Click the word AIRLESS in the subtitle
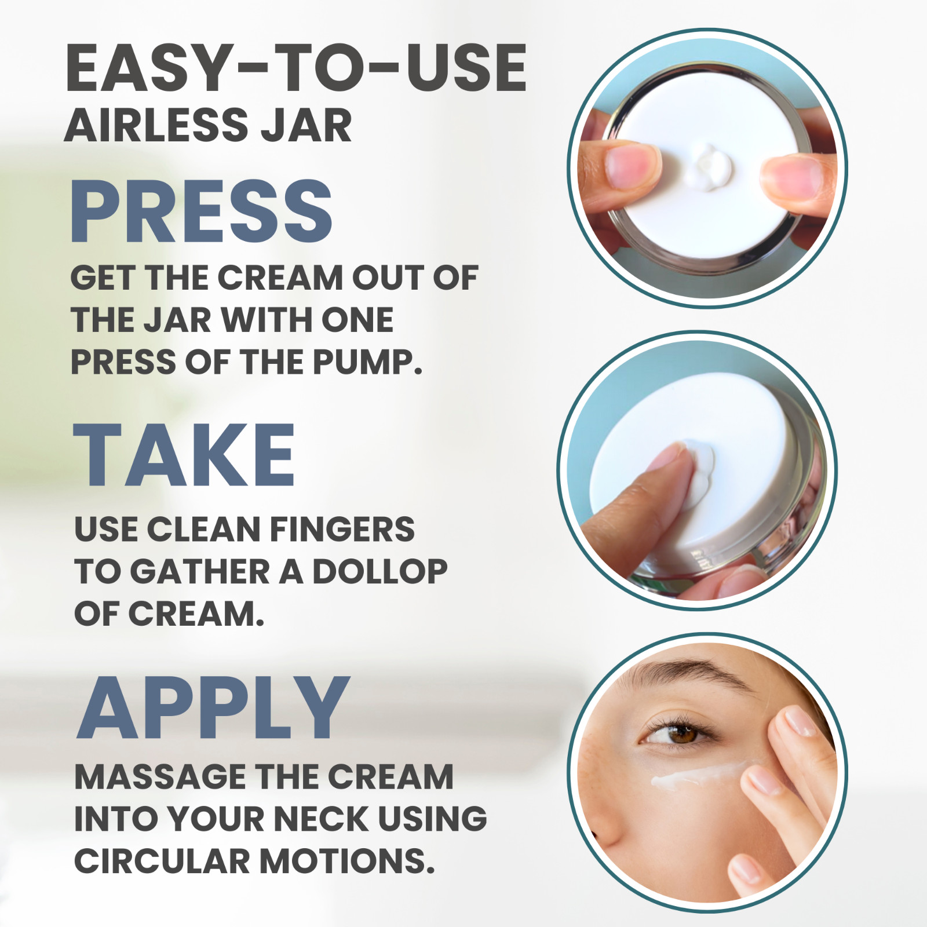click(157, 125)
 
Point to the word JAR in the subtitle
click(306, 125)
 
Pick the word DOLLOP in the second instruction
click(380, 572)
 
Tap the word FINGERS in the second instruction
click(342, 530)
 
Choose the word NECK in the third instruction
click(320, 819)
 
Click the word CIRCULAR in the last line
click(162, 862)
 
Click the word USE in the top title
click(466, 68)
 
